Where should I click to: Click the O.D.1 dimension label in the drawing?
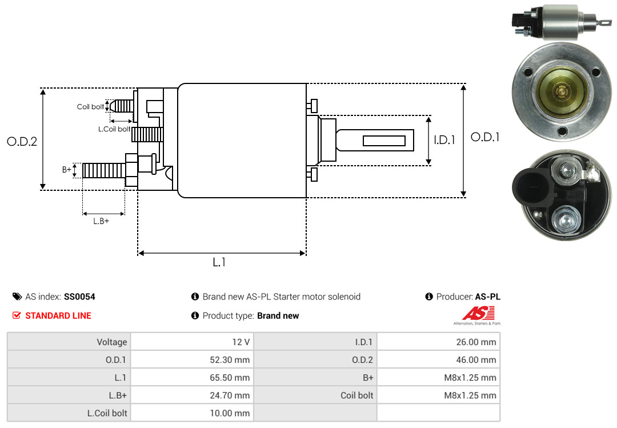[485, 137]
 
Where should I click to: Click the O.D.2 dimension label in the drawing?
[22, 142]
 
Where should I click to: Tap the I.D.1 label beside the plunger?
[444, 139]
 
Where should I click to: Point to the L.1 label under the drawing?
[219, 262]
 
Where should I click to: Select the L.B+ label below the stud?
[101, 221]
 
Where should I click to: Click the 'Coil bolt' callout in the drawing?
[90, 107]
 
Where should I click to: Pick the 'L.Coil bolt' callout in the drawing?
[114, 129]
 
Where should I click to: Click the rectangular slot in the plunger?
[384, 141]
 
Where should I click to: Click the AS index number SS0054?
[79, 297]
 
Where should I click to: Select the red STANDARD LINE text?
[58, 315]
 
